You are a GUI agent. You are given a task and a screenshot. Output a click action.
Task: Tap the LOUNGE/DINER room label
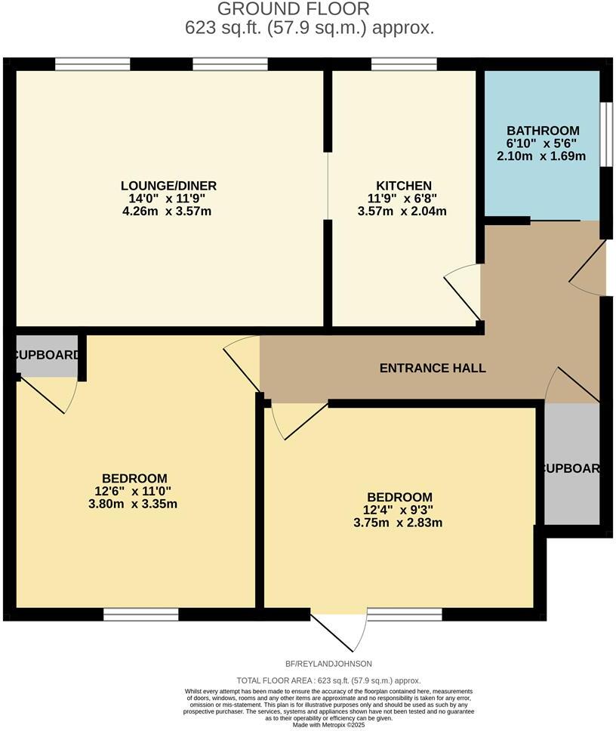coord(168,186)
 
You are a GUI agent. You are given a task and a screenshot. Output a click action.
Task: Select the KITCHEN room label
coord(404,186)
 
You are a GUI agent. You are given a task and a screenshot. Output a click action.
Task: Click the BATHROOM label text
coord(543,131)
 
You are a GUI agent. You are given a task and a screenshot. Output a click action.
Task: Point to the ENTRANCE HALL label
coord(432,369)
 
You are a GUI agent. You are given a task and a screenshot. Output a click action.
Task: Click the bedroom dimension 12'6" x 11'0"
coord(134,491)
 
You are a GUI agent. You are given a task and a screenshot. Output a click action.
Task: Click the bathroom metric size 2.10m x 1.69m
coord(542,157)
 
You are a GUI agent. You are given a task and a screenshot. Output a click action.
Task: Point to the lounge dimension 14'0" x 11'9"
coord(168,199)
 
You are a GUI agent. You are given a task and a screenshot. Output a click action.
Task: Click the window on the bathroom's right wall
coord(605,133)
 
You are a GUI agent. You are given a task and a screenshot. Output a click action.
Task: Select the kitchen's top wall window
coord(403,65)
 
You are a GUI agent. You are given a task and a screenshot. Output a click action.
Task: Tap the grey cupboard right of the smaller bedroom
coord(571,468)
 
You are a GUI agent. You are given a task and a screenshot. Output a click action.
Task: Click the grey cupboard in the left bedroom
coord(47,355)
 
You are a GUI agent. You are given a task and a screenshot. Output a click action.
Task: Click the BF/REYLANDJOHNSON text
coord(328,664)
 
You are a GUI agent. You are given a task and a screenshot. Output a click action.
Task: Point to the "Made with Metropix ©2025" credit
coord(328,725)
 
